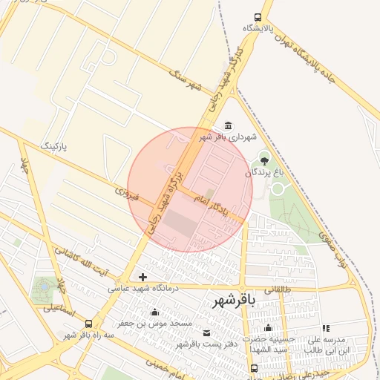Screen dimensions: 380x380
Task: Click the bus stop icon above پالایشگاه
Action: [x=258, y=17]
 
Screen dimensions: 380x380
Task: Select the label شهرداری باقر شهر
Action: [x=226, y=137]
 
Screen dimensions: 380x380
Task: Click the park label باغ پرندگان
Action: [x=264, y=172]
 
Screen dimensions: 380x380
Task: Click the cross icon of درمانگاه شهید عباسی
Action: [x=142, y=277]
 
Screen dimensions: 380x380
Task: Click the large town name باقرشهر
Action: [x=235, y=301]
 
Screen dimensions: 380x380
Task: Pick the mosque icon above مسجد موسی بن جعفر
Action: [x=154, y=312]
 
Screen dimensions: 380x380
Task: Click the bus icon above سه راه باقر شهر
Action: [x=89, y=324]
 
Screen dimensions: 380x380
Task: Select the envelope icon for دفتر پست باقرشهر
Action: [x=206, y=332]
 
